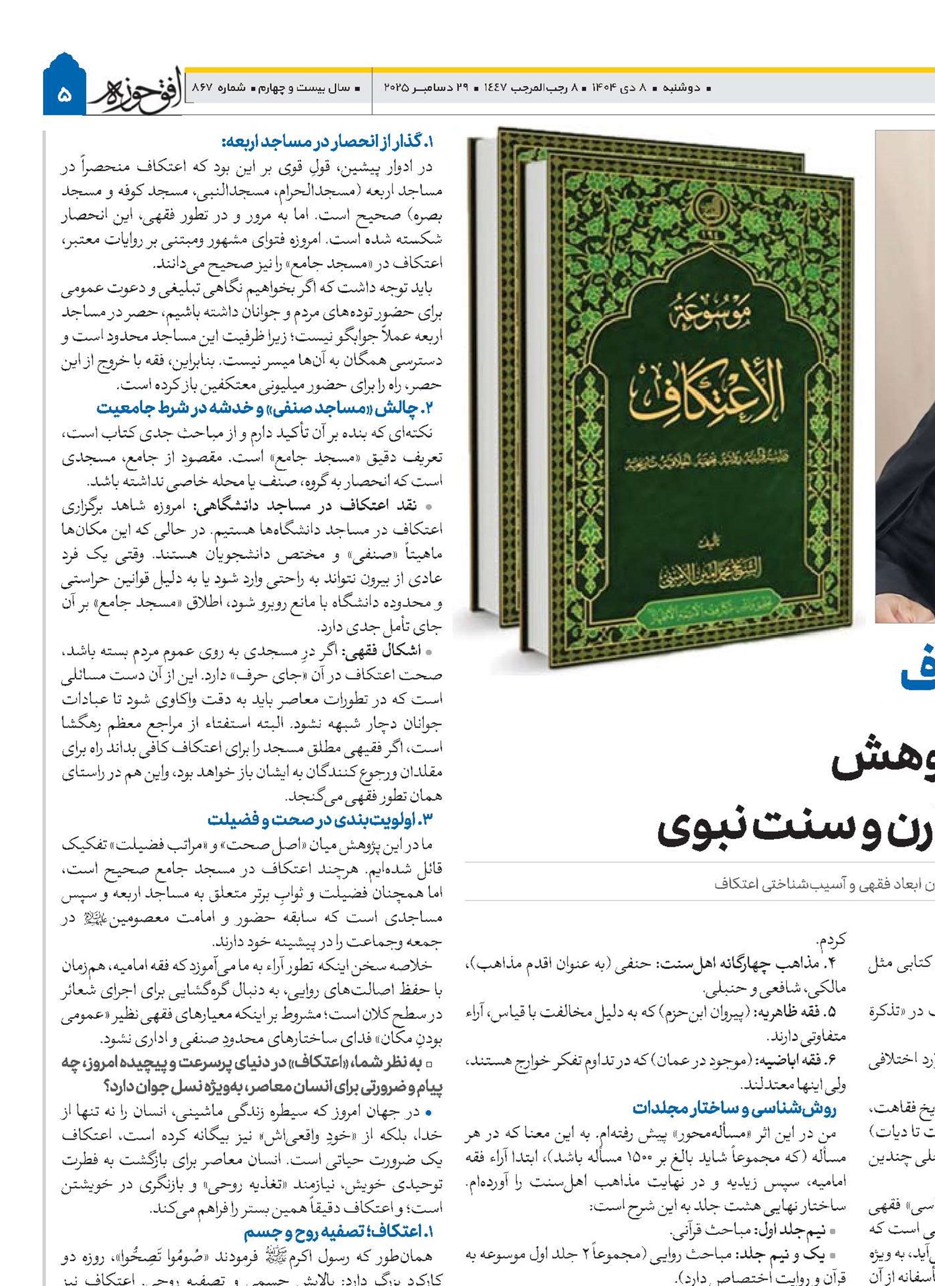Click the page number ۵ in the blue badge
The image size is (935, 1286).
tap(64, 95)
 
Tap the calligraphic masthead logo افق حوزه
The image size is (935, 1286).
tap(137, 92)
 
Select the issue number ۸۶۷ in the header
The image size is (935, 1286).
tap(203, 88)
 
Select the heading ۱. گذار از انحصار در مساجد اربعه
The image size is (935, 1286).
tap(327, 143)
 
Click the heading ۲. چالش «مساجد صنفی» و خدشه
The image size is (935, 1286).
tap(264, 408)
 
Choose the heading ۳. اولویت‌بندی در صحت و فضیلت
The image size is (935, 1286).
tap(320, 819)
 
